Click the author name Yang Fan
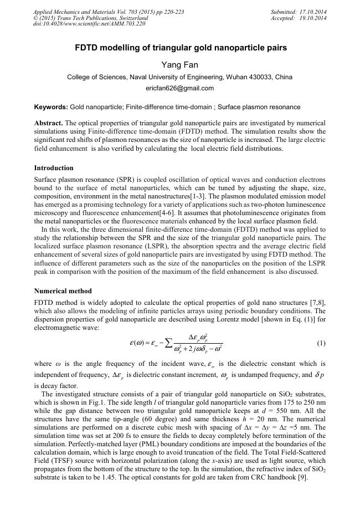coord(179,64)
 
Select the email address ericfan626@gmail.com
coord(179,88)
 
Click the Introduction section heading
coord(54,167)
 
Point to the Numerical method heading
coord(63,290)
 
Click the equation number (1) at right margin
coord(321,343)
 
